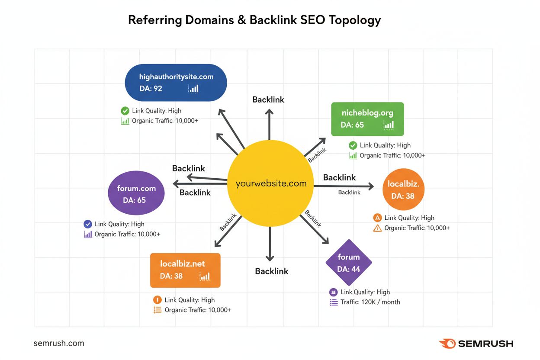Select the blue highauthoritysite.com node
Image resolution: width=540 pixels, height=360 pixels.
[x=176, y=83]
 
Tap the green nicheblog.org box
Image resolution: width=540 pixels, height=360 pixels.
[x=367, y=119]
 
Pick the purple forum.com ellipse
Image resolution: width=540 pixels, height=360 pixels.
[x=136, y=194]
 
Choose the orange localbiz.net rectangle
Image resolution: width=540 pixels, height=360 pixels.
[x=185, y=270]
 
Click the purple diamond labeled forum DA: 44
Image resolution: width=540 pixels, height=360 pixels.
[x=348, y=262]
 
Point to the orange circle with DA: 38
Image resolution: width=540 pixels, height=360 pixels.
[x=403, y=190]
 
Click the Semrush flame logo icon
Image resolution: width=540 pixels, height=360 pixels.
[x=447, y=344]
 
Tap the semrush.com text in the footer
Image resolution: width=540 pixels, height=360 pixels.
[x=59, y=343]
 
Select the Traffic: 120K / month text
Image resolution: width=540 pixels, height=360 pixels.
[x=370, y=302]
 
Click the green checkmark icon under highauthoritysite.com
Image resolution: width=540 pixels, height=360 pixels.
[x=125, y=111]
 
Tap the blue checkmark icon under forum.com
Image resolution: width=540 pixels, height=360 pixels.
[x=87, y=224]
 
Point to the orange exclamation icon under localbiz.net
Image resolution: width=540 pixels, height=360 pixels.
[x=157, y=300]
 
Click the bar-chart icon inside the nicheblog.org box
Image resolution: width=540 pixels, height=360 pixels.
[x=389, y=125]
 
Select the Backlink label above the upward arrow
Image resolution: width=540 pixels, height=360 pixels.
[x=268, y=100]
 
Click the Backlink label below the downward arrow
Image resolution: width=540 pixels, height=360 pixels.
[x=271, y=271]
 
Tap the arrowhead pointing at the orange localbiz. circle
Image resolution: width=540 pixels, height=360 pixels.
[x=370, y=186]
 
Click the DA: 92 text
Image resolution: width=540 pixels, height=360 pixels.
[x=151, y=89]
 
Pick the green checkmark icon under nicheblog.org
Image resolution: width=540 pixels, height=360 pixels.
[x=353, y=145]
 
